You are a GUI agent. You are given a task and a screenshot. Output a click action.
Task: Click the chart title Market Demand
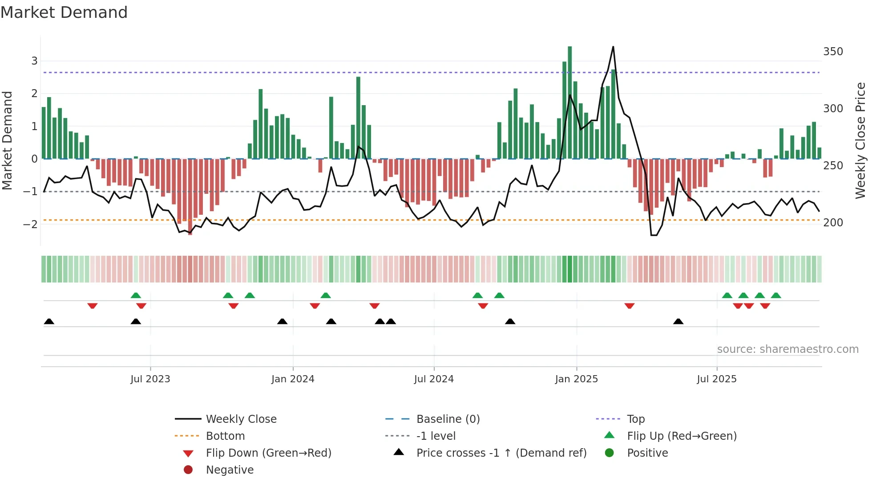(x=64, y=12)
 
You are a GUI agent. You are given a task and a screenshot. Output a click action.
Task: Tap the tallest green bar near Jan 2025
(x=569, y=102)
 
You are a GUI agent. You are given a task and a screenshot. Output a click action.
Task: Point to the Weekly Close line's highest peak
(x=613, y=47)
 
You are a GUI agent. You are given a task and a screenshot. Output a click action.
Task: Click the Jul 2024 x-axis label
(x=434, y=379)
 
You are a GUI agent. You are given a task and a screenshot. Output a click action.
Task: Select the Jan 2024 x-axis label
(x=293, y=379)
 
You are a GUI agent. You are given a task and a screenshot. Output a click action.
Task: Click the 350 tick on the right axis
(x=833, y=52)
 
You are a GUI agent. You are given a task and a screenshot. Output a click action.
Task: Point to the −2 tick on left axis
(x=30, y=224)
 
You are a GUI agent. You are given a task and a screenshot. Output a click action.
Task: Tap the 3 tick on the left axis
(x=34, y=61)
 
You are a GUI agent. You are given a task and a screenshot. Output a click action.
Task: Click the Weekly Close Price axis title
(x=860, y=140)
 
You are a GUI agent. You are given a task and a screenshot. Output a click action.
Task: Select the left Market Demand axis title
(x=8, y=140)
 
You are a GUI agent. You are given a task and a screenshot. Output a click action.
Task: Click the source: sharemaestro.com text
(x=787, y=349)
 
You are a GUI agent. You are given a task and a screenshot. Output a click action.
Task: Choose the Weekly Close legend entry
(x=241, y=419)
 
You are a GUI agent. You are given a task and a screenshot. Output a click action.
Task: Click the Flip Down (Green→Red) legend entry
(x=268, y=453)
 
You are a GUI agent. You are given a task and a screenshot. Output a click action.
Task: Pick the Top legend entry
(x=635, y=419)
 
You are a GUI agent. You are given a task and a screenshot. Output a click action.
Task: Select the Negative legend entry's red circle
(x=188, y=470)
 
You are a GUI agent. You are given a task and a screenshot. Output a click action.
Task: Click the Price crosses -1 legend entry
(x=501, y=453)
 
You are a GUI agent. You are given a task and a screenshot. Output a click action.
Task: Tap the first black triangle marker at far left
(x=49, y=321)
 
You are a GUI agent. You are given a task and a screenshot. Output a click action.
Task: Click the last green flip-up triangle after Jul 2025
(x=776, y=295)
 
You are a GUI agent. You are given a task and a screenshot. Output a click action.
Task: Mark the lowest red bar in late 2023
(x=190, y=196)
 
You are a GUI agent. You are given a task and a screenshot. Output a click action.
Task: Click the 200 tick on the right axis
(x=833, y=223)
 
